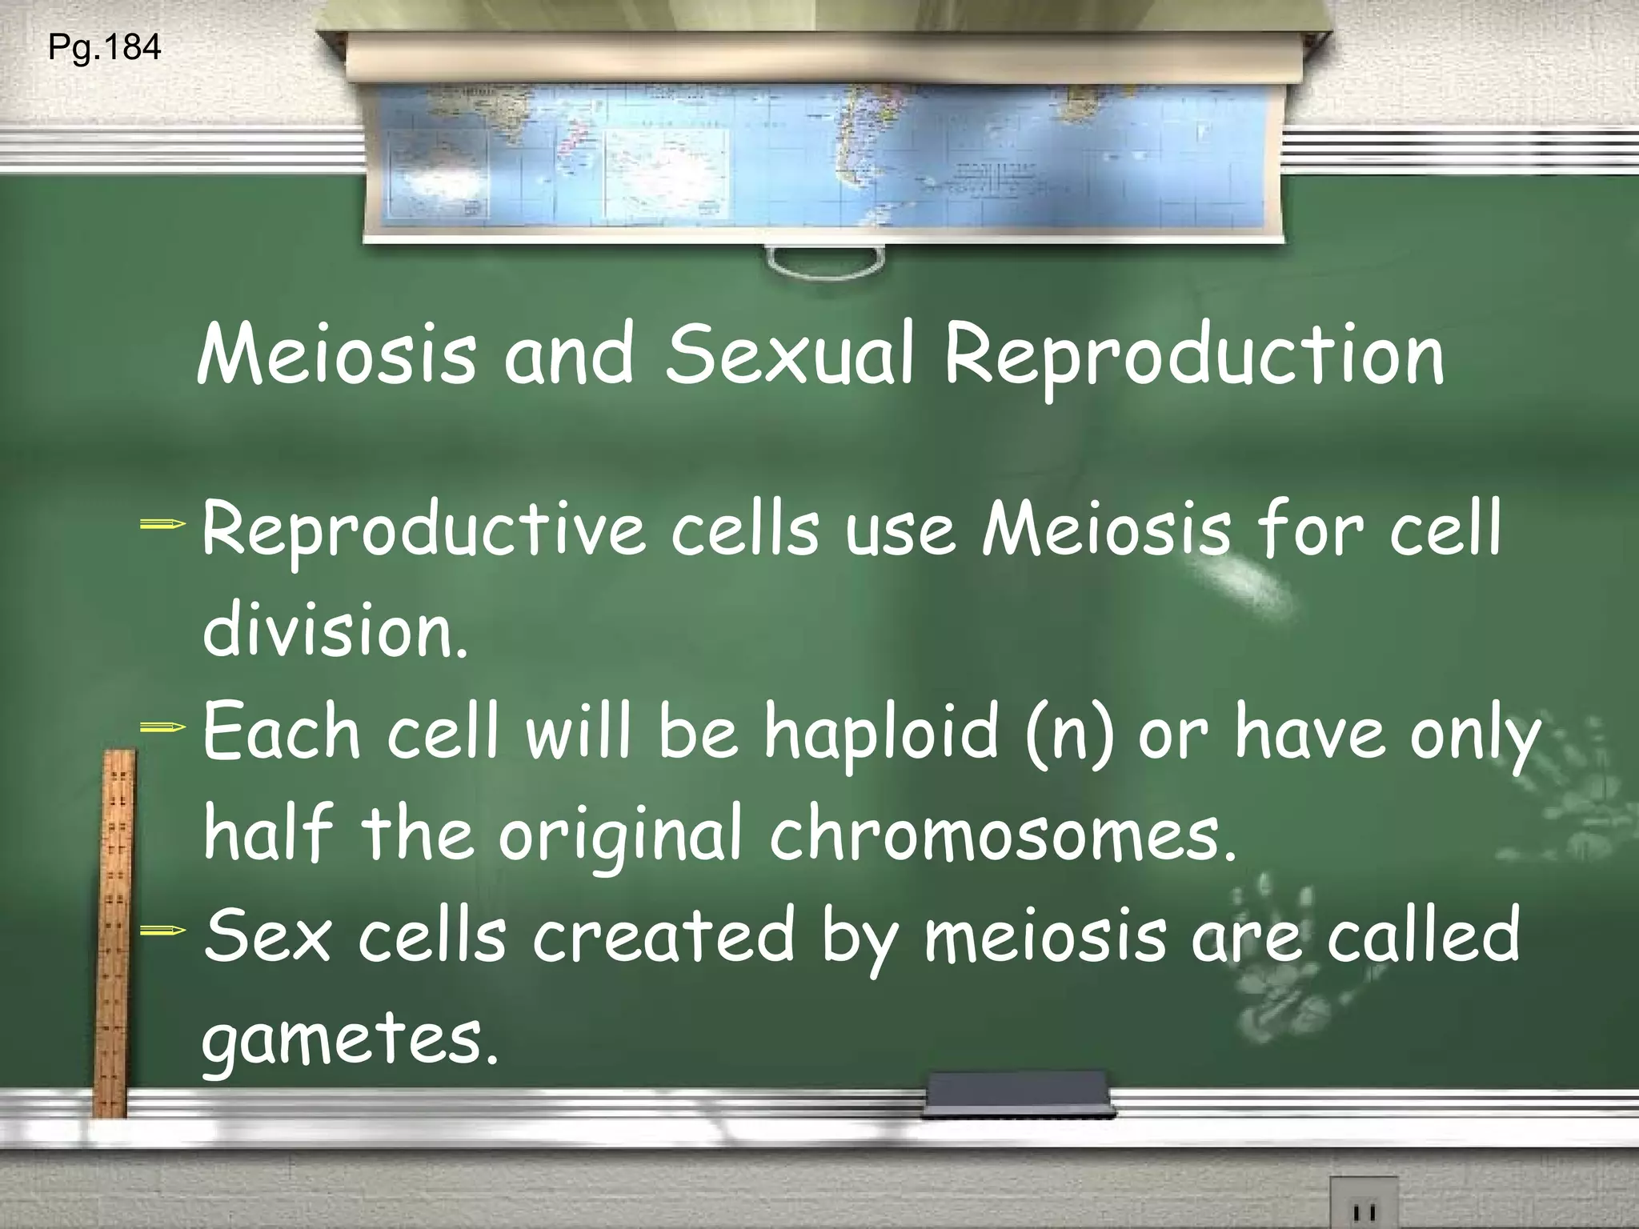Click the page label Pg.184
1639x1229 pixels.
click(105, 49)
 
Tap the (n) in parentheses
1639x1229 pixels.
click(1069, 736)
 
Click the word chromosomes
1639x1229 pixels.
click(1004, 835)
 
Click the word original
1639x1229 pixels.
click(621, 837)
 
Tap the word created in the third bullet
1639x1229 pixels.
click(663, 935)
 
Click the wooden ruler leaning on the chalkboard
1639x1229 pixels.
click(113, 928)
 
